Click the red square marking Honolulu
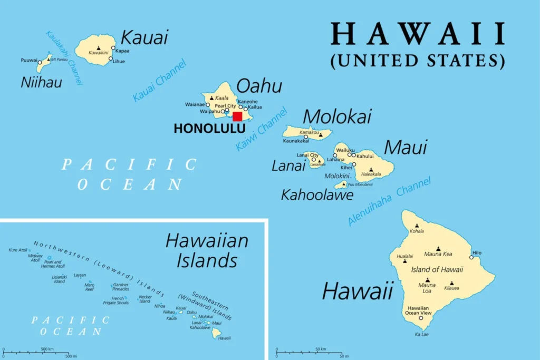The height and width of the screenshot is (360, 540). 237,116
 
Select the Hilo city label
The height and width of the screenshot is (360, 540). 477,252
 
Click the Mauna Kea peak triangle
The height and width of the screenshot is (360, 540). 439,248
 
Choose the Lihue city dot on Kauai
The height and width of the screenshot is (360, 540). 111,59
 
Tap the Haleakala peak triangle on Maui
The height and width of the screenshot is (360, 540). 371,170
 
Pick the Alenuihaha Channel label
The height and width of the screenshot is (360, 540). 390,201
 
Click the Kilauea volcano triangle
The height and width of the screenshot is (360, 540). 451,283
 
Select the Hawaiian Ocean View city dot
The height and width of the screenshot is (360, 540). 421,318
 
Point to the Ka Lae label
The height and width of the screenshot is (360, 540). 421,334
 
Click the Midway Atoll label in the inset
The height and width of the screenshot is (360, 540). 35,257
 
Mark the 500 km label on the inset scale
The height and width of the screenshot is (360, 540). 47,349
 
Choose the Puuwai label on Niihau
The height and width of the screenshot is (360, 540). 29,60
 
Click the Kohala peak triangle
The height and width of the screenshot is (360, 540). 417,226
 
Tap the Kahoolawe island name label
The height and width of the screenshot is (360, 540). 317,195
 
